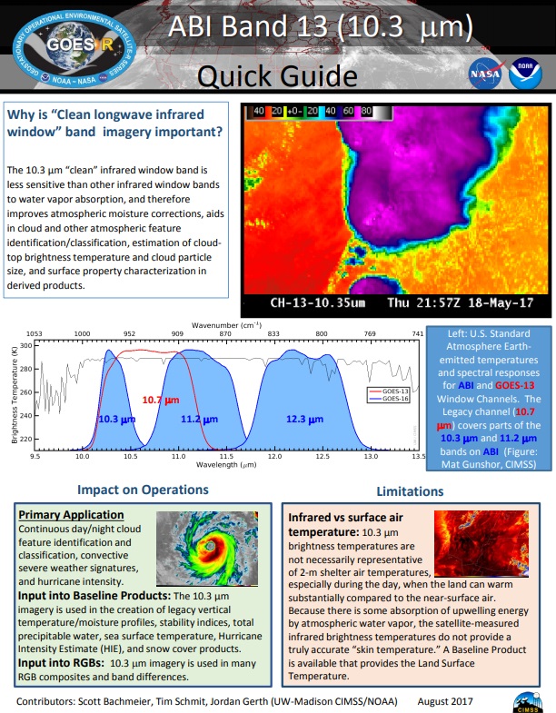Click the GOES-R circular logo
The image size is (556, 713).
coord(63,46)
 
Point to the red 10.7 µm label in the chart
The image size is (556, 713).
coord(160,398)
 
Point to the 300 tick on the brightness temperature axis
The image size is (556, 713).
coord(25,345)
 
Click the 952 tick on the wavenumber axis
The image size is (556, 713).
coord(130,333)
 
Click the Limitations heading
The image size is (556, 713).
coord(409,490)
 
